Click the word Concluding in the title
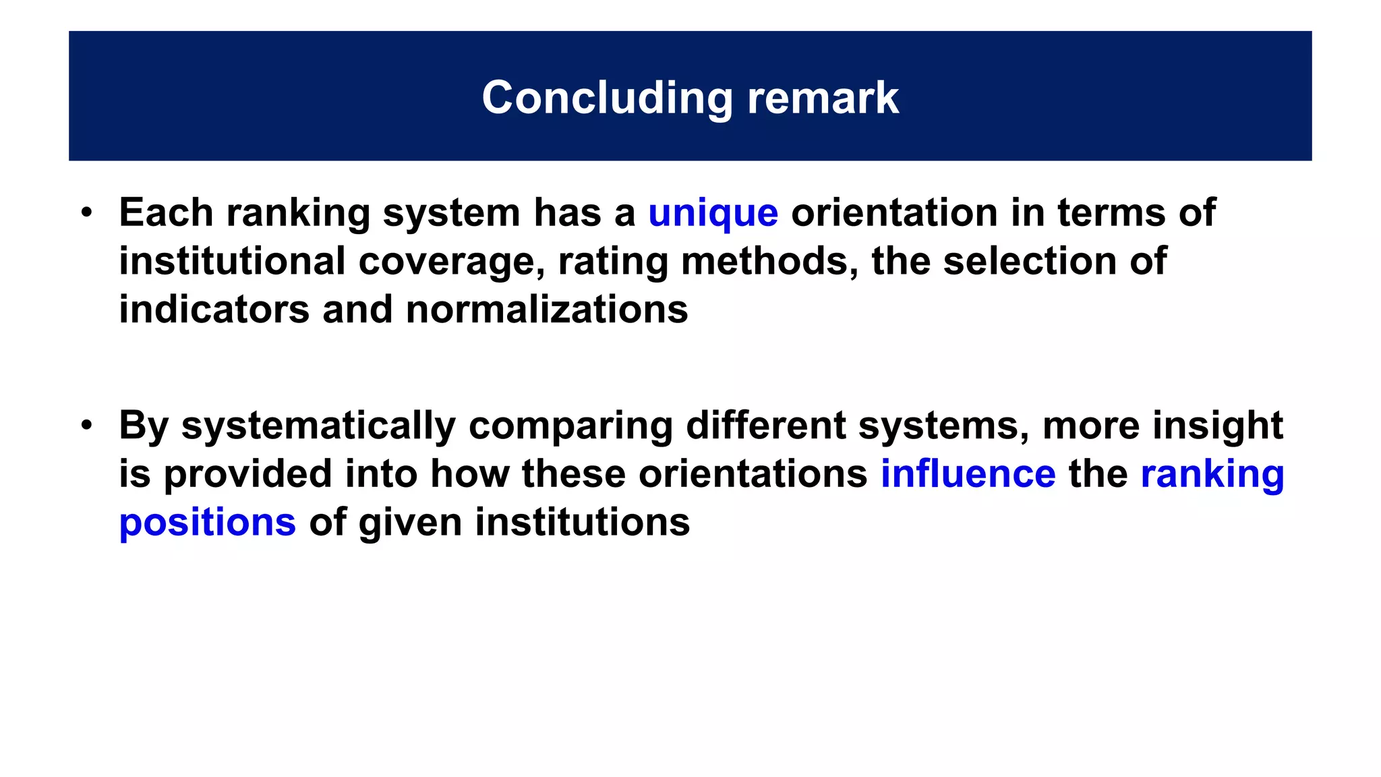pyautogui.click(x=607, y=98)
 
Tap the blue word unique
pyautogui.click(x=713, y=213)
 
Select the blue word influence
pyautogui.click(x=968, y=473)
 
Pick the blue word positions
pyautogui.click(x=207, y=523)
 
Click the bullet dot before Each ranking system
pyautogui.click(x=86, y=213)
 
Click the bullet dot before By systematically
pyautogui.click(x=86, y=426)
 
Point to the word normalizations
pyautogui.click(x=547, y=310)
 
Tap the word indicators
pyautogui.click(x=214, y=310)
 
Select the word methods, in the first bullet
pyautogui.click(x=769, y=262)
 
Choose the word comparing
pyautogui.click(x=570, y=427)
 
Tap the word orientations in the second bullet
pyautogui.click(x=753, y=473)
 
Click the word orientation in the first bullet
pyautogui.click(x=893, y=213)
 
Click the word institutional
pyautogui.click(x=232, y=262)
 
